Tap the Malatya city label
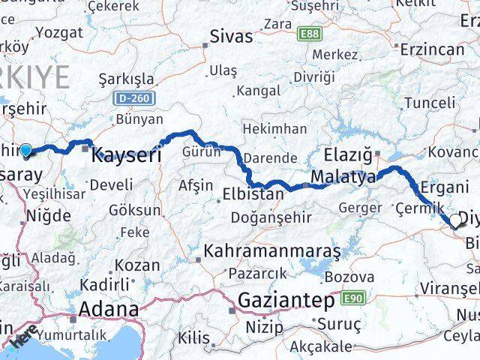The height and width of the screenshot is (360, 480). coord(344,178)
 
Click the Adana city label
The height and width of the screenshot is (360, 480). coord(109,309)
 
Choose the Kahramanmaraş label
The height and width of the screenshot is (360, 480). coord(272,250)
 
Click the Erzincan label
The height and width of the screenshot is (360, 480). coord(433,49)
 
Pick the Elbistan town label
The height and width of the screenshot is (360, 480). coord(253,193)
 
